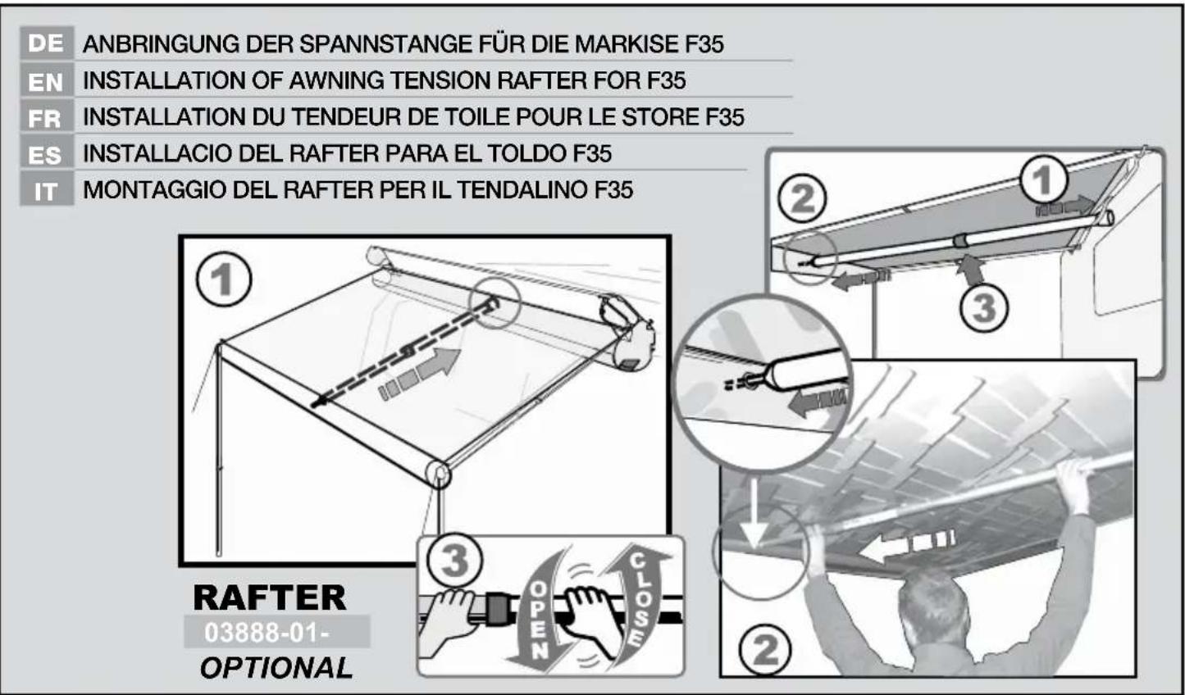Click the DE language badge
tap(46, 43)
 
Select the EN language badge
tap(46, 80)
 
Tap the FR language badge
tap(46, 117)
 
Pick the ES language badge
tap(46, 154)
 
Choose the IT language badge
tap(46, 191)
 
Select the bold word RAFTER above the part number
tap(270, 597)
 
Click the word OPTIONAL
tap(276, 668)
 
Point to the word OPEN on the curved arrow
tap(538, 620)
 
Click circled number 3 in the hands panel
tap(453, 562)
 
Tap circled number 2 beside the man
tap(765, 651)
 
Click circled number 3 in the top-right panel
tap(983, 308)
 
